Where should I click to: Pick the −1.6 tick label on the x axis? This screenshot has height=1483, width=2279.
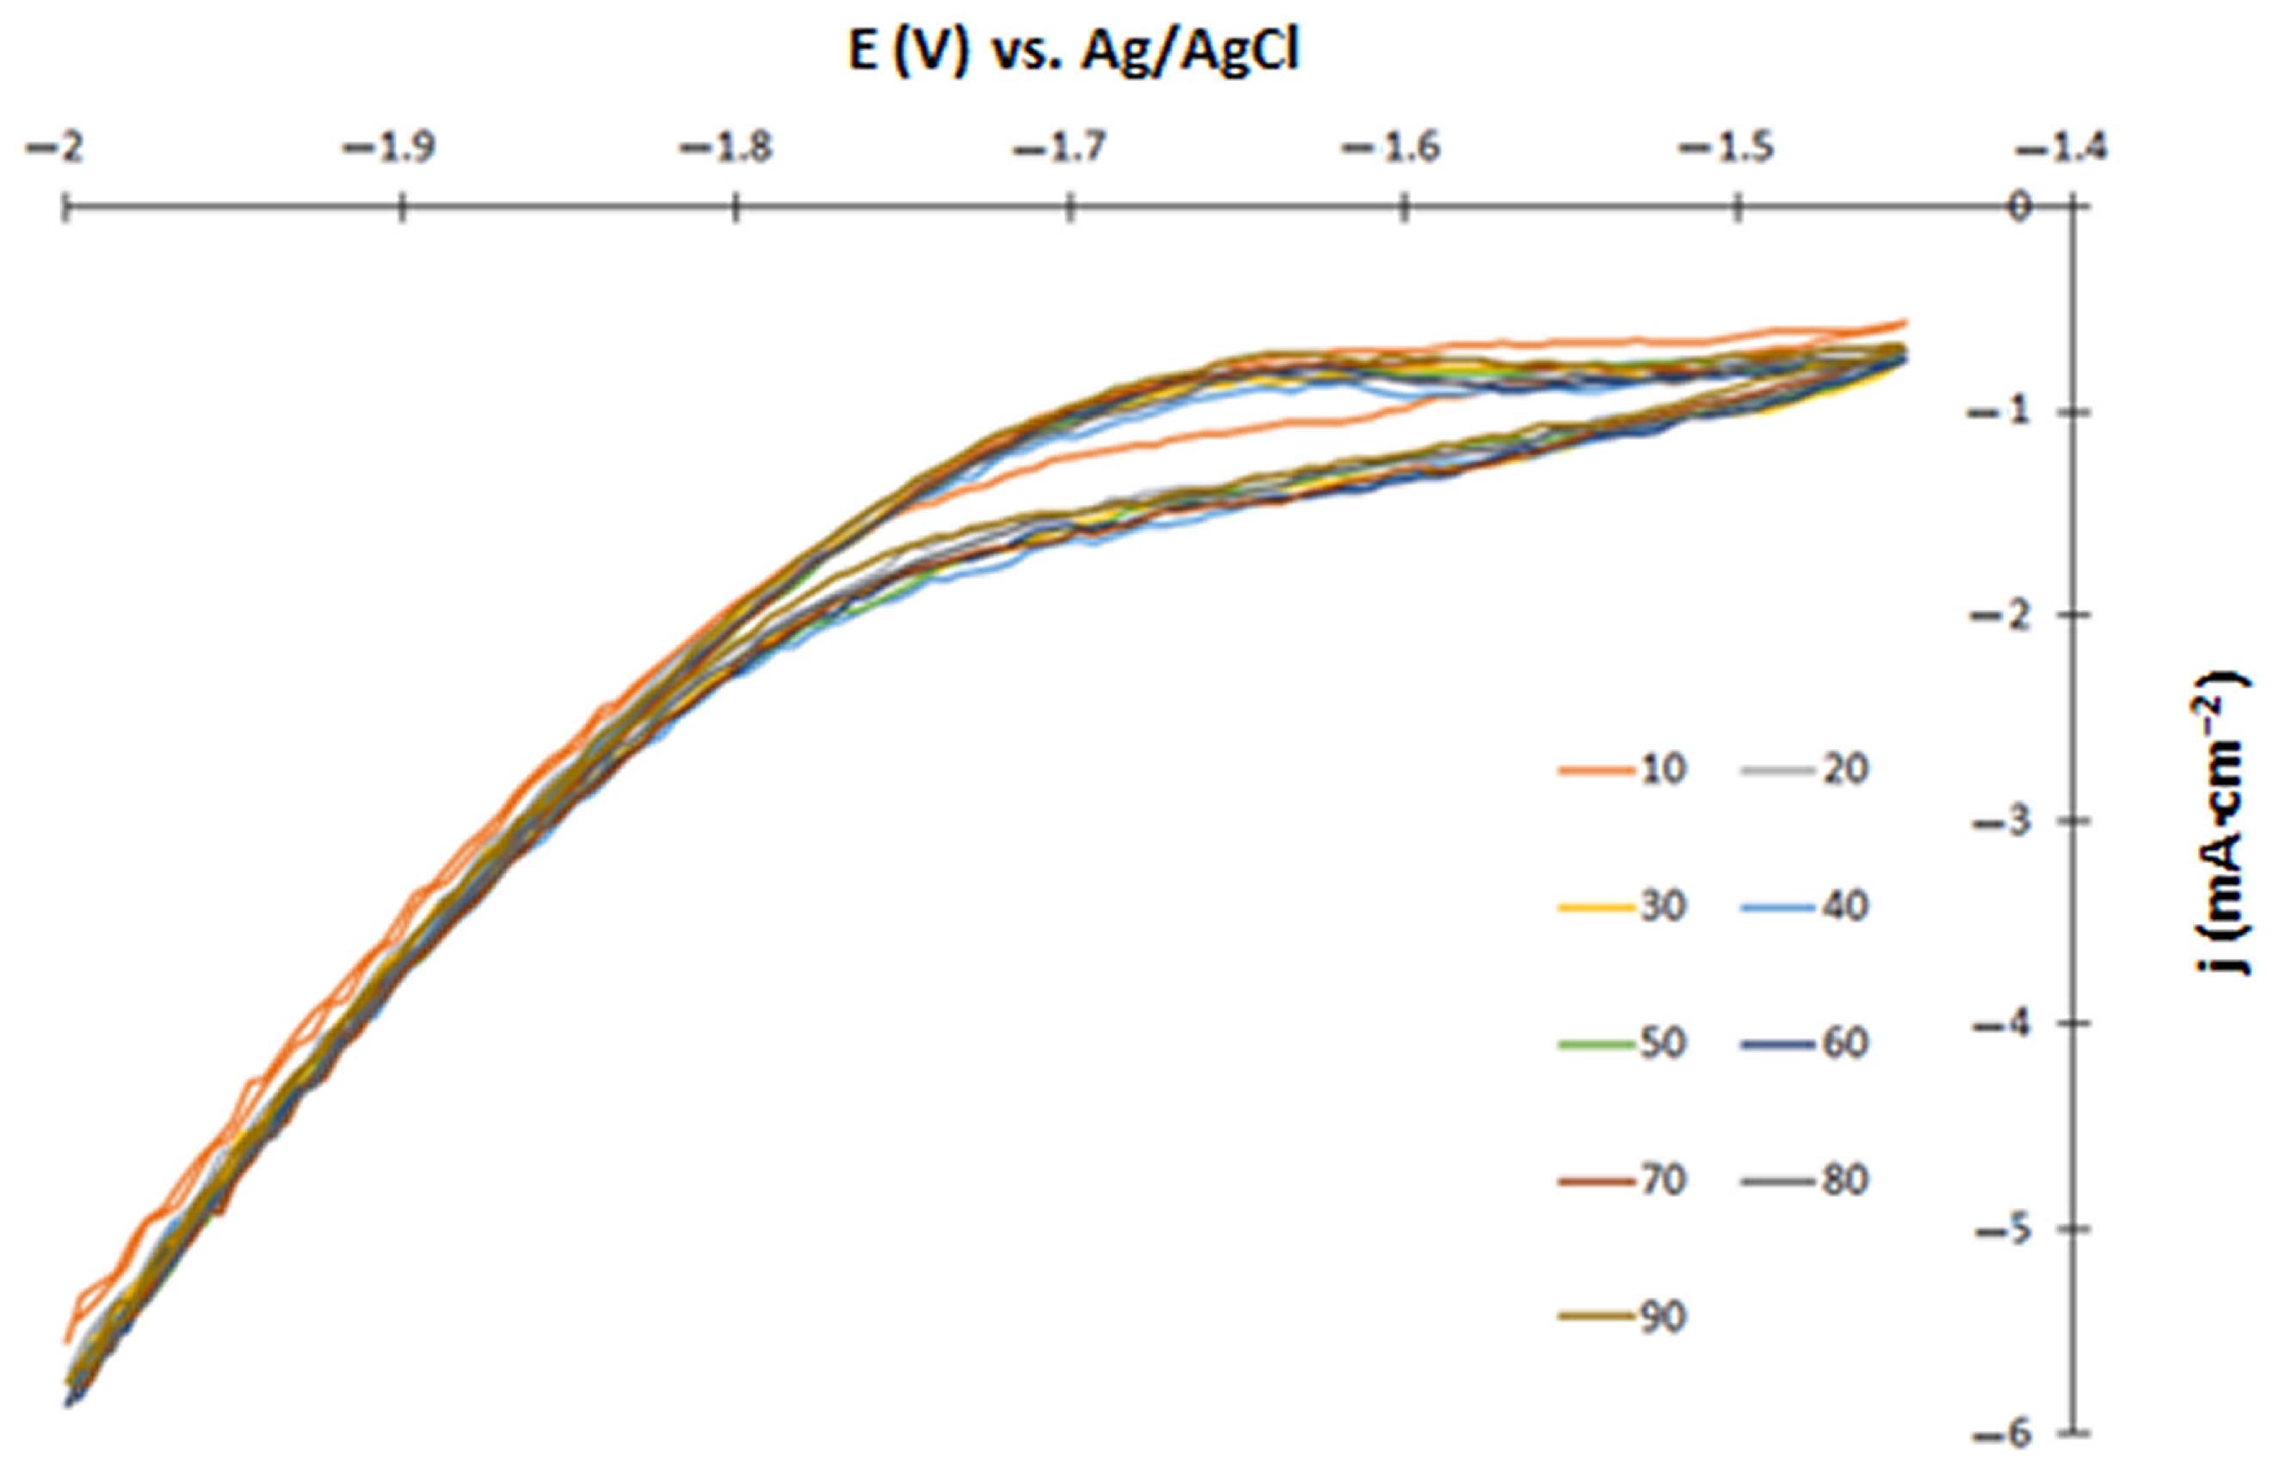1392,151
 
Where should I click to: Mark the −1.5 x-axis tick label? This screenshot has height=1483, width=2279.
1726,151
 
